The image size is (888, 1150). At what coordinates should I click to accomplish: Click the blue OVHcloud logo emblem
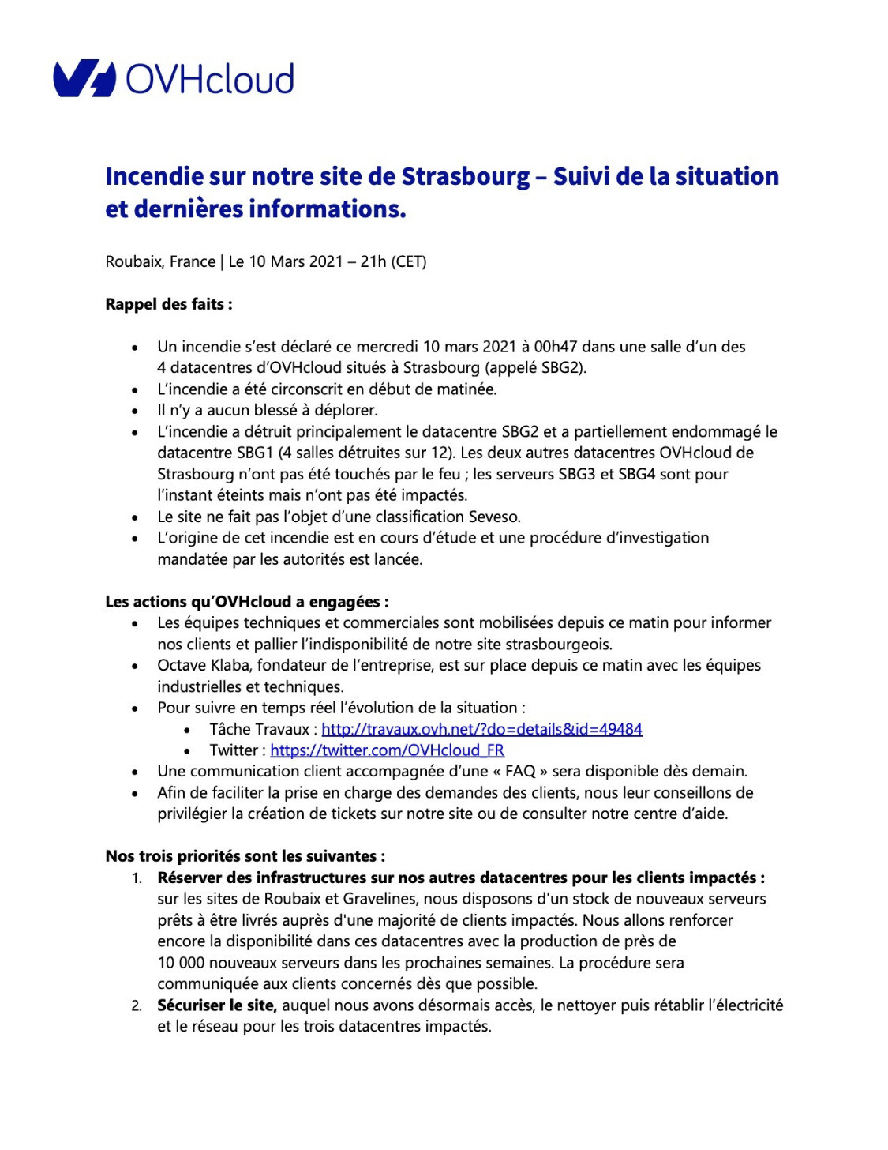click(84, 78)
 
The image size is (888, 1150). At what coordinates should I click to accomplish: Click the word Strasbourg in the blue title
click(466, 176)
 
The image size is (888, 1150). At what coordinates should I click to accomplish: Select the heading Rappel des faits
click(168, 304)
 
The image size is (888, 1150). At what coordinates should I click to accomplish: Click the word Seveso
click(493, 517)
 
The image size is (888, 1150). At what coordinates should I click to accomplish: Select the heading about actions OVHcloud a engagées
click(246, 602)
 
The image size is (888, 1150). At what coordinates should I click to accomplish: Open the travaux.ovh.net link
click(481, 729)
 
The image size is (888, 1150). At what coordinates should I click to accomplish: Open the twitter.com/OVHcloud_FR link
click(387, 750)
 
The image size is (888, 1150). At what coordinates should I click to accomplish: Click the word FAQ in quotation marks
click(520, 771)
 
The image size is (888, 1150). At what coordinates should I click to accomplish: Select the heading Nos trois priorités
click(245, 856)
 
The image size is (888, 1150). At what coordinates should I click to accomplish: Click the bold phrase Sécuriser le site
click(216, 1005)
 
